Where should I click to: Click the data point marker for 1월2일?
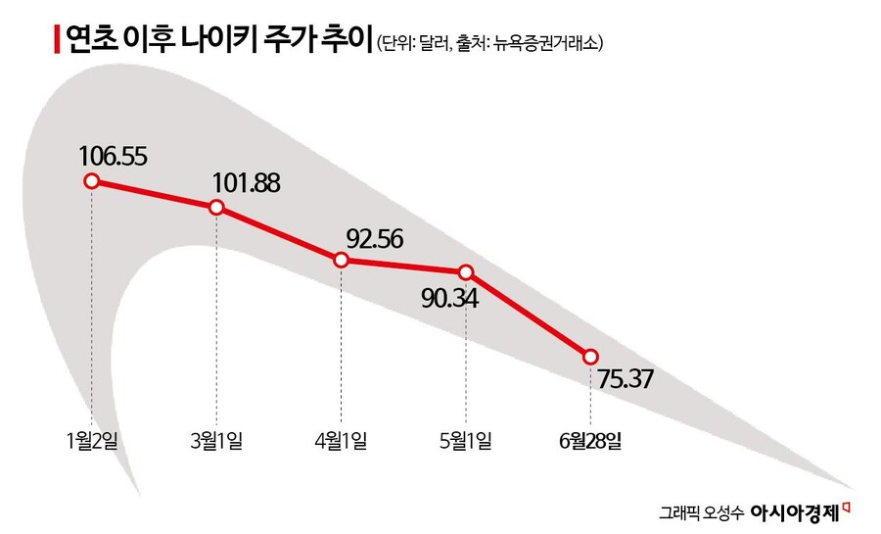point(92,181)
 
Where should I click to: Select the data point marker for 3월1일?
point(216,207)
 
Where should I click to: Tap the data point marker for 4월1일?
point(341,260)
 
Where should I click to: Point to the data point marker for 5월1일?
point(466,271)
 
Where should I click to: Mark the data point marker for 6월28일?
point(590,356)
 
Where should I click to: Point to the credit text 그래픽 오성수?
point(701,511)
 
